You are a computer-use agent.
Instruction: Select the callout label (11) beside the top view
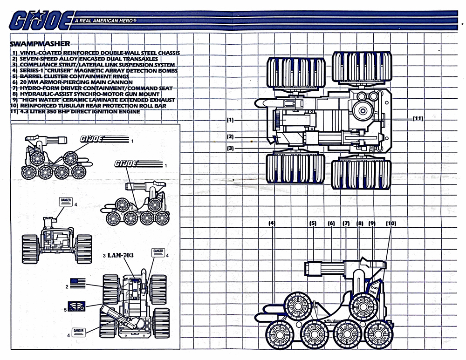(x=417, y=118)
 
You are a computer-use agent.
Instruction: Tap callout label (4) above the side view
(x=272, y=223)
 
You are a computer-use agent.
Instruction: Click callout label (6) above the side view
(x=332, y=223)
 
